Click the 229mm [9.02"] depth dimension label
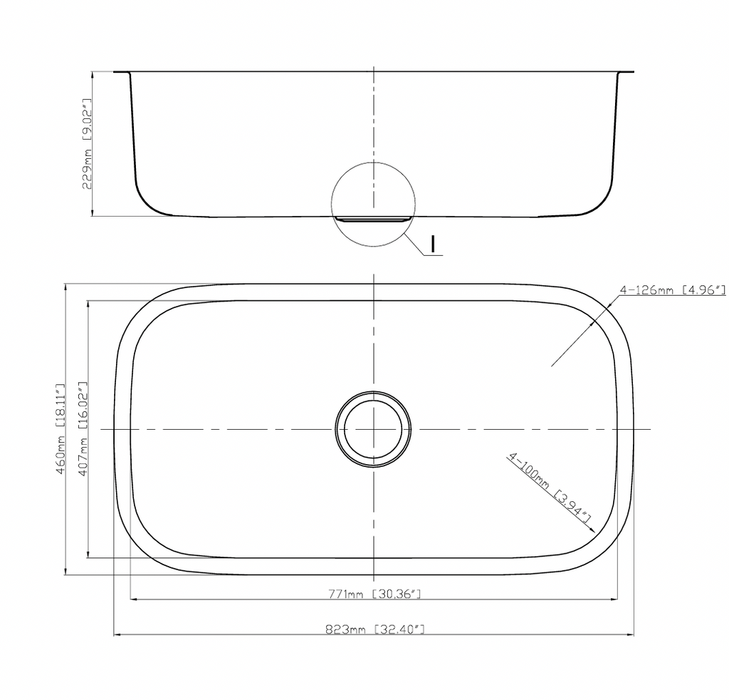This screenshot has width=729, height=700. coord(87,143)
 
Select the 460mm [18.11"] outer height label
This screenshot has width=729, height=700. coord(61,429)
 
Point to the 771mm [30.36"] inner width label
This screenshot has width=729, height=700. coord(374,594)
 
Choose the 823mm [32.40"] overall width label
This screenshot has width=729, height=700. coord(374,629)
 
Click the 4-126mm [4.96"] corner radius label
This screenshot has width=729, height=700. coord(673,290)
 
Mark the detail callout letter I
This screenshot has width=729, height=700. coord(434,244)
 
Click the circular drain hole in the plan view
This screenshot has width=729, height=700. coord(373,428)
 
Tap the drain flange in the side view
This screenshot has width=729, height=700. coord(373,220)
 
